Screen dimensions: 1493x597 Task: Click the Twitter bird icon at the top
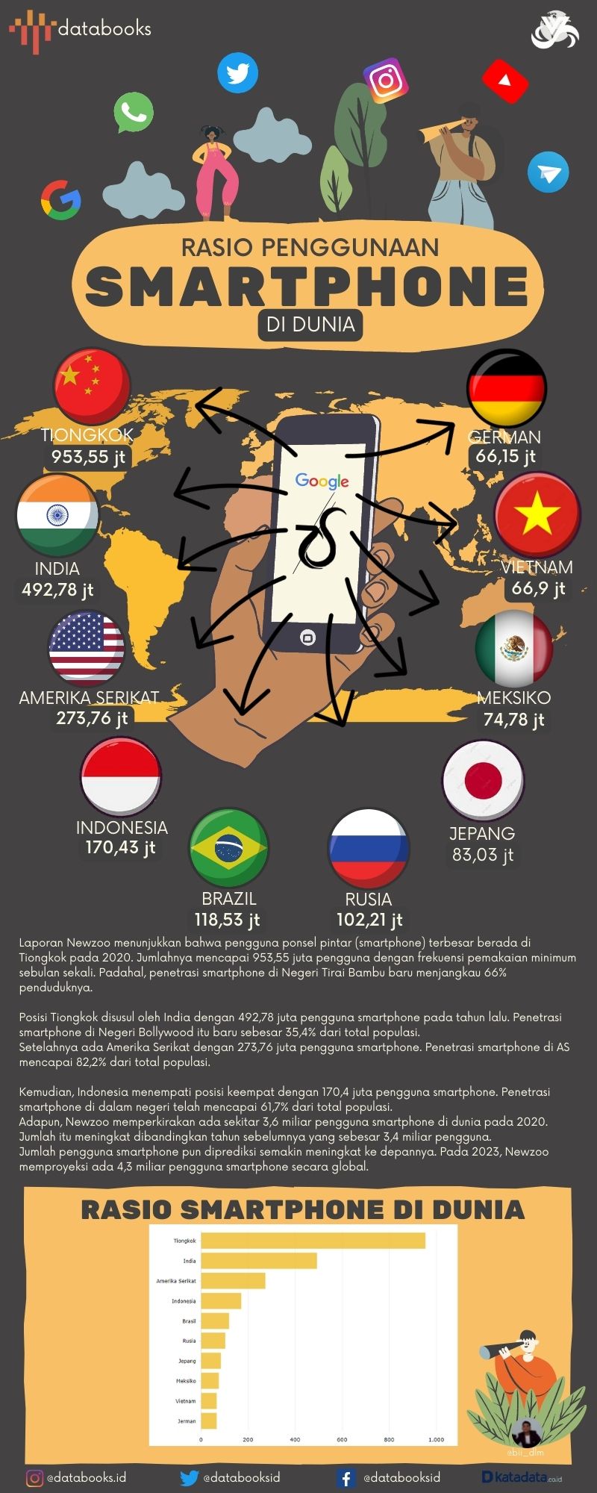tap(237, 73)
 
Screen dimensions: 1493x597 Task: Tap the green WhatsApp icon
tap(134, 113)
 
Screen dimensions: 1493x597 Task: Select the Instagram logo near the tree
tap(386, 80)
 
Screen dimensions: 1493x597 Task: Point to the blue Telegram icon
tap(548, 172)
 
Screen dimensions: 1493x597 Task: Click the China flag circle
tap(91, 386)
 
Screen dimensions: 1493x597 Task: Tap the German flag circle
tap(507, 388)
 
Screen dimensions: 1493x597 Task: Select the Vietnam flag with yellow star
tap(537, 516)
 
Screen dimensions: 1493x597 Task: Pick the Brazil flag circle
tap(229, 848)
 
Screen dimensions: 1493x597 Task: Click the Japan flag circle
tap(482, 780)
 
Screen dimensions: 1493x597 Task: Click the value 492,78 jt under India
tap(57, 590)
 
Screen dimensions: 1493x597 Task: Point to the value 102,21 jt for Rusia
tap(369, 920)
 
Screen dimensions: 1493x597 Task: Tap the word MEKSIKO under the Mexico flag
tap(513, 698)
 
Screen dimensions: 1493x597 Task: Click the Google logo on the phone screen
tap(322, 481)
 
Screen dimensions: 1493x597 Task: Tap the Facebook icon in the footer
tap(346, 1478)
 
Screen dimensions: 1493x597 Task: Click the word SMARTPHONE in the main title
tap(307, 285)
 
